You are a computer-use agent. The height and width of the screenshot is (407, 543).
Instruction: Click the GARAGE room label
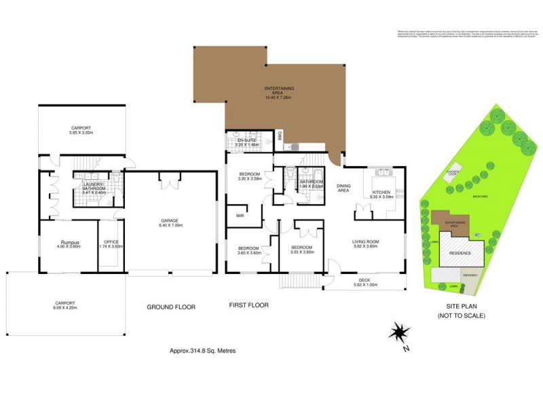pyautogui.click(x=170, y=220)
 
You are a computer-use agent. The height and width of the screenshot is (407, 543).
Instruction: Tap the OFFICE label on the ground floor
pyautogui.click(x=111, y=241)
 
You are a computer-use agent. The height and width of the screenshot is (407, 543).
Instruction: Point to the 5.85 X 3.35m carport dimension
pyautogui.click(x=81, y=133)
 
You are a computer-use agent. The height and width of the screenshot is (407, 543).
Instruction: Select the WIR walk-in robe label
pyautogui.click(x=239, y=216)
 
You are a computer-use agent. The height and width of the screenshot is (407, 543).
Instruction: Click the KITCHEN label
pyautogui.click(x=382, y=193)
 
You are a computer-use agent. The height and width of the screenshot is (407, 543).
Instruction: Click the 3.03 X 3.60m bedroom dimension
pyautogui.click(x=301, y=252)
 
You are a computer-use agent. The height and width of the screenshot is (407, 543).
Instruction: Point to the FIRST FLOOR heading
pyautogui.click(x=248, y=305)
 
